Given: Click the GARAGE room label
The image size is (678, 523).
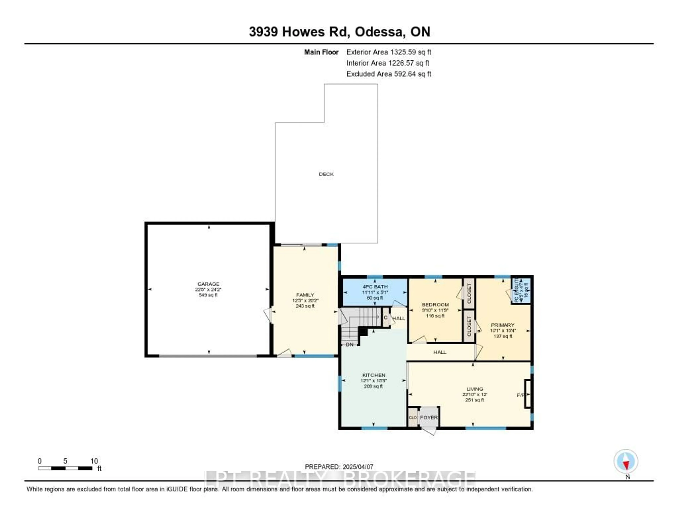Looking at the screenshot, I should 208,284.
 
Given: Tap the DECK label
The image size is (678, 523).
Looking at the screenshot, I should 326,174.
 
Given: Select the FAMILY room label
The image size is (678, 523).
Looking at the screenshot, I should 305,295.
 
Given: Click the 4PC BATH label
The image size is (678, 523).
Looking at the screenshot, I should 375,287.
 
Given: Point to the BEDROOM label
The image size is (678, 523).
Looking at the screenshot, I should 435,305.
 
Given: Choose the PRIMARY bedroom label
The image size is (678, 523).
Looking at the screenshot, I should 502,325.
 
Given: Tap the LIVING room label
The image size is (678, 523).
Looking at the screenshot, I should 474,389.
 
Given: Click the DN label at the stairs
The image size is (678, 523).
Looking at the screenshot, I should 350,344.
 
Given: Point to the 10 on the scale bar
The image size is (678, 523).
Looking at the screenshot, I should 94,461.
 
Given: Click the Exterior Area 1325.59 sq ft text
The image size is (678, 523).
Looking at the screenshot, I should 389,52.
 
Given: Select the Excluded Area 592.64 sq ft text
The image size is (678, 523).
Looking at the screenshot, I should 389,74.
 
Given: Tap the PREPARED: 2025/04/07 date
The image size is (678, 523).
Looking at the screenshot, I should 339,467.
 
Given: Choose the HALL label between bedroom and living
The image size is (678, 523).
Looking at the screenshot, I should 440,352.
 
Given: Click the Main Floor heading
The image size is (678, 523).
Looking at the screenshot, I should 321,52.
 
